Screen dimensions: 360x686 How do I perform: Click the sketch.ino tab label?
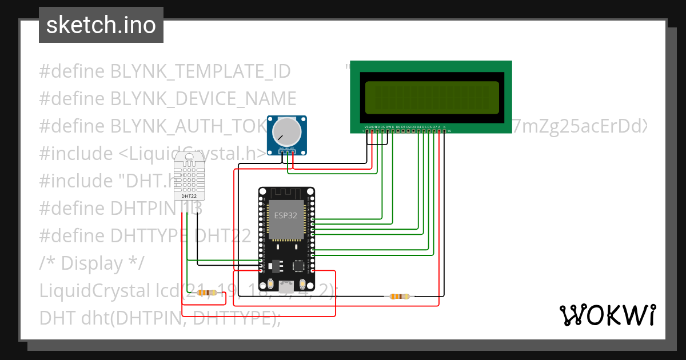[x=101, y=25]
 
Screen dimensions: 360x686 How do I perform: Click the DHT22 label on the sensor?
[x=189, y=196]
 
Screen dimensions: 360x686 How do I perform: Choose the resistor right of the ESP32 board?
[x=400, y=296]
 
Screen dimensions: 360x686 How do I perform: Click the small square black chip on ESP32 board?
[x=298, y=266]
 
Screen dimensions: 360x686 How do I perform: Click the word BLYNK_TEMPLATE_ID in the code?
[x=200, y=71]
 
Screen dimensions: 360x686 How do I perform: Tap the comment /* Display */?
[x=91, y=263]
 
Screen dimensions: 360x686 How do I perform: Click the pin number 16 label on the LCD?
[x=449, y=131]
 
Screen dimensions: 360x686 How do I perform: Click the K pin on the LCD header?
[x=444, y=126]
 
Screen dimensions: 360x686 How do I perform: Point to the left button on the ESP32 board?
[x=270, y=285]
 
